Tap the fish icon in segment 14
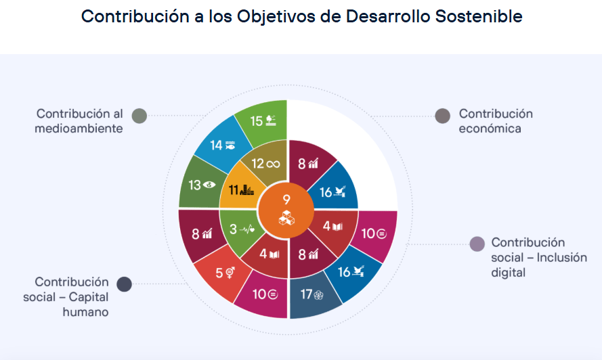(230, 145)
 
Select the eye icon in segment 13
(209, 185)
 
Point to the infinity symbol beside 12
(273, 164)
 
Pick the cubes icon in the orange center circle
(286, 218)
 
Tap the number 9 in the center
(286, 199)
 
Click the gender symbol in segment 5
(230, 273)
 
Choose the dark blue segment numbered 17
(313, 296)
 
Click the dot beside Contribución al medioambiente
(139, 116)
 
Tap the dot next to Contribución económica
(443, 116)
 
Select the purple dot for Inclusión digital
(477, 244)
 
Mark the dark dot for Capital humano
(125, 284)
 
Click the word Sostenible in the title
(479, 16)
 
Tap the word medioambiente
(79, 129)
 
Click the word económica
(490, 129)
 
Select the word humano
(85, 312)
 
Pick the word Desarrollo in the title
(388, 16)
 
